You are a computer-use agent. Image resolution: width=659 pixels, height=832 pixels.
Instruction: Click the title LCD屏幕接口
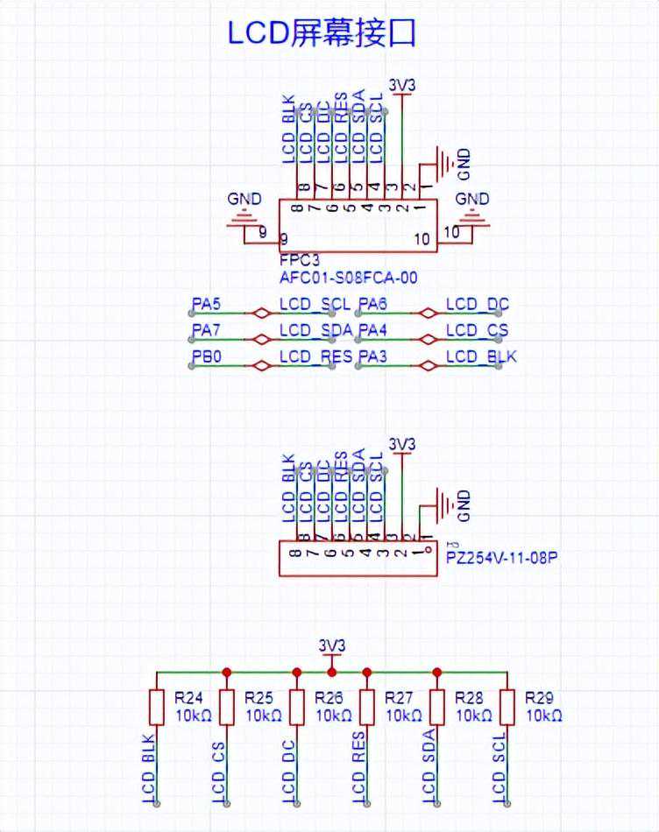(321, 32)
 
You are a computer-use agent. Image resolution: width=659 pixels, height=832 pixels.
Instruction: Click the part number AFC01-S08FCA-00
(348, 279)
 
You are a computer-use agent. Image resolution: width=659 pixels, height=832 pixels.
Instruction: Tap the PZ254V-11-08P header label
(504, 555)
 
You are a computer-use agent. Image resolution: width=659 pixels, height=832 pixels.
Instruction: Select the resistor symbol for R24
(157, 707)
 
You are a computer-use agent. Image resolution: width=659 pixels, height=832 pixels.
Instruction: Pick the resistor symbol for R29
(507, 707)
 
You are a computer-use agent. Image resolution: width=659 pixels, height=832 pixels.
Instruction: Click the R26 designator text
(329, 698)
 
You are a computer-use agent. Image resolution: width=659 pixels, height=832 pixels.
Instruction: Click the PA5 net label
(207, 305)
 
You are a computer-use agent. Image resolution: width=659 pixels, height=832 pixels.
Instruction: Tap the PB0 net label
(207, 356)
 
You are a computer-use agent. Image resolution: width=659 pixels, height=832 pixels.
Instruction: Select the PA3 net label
(372, 356)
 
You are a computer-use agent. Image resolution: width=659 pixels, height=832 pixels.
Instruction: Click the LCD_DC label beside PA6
(478, 305)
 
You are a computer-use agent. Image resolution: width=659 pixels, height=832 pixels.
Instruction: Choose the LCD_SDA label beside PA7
(315, 330)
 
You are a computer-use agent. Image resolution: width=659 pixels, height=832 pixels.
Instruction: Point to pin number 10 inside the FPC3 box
(422, 239)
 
